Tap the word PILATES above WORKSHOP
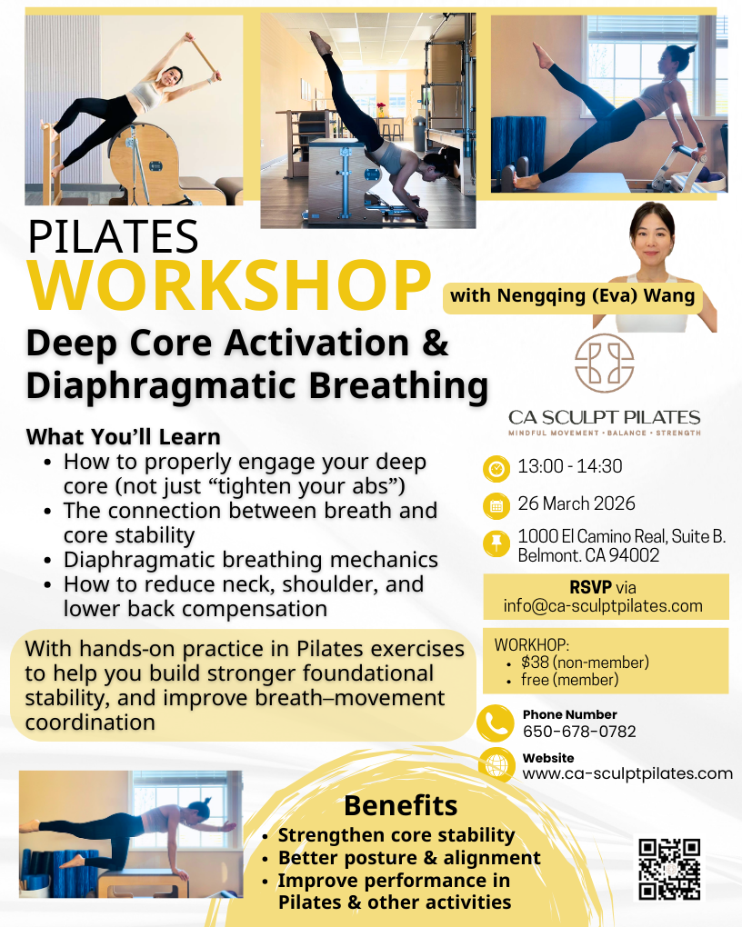click(x=114, y=236)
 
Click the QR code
click(x=669, y=869)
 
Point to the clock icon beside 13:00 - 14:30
click(x=496, y=468)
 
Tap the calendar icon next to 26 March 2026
click(x=496, y=505)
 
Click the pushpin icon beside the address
click(x=496, y=544)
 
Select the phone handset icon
click(x=496, y=723)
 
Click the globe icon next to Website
click(x=496, y=766)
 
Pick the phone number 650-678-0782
click(x=579, y=732)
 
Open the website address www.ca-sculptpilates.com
click(x=627, y=773)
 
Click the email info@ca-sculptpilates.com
click(x=603, y=606)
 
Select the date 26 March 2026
click(x=577, y=503)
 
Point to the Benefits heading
click(x=400, y=805)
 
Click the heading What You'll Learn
click(x=124, y=436)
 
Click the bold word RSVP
click(x=589, y=587)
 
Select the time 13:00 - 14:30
click(x=570, y=467)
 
